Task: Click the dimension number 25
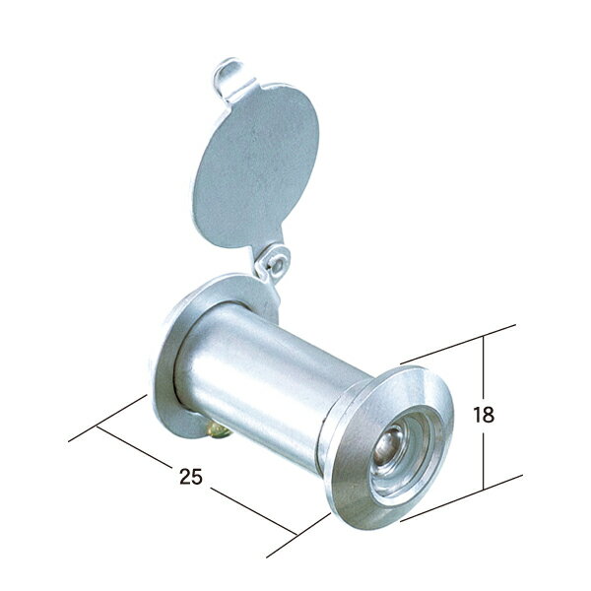(191, 477)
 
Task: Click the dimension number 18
(484, 415)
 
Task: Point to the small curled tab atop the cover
(228, 74)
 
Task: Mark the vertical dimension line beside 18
(484, 374)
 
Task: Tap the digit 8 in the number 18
(489, 415)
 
